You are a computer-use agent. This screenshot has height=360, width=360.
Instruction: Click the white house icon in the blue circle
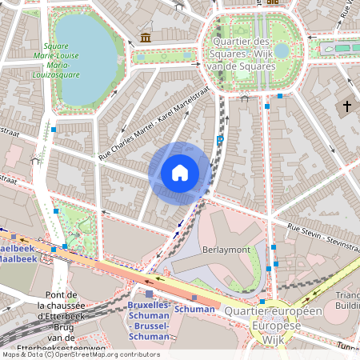180,173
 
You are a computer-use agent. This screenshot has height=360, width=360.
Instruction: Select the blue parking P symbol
220,141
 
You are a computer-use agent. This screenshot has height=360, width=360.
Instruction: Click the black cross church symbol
347,106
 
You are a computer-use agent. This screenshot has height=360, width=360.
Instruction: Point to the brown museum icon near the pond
145,38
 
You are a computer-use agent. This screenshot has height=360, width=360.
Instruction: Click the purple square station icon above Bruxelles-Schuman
148,294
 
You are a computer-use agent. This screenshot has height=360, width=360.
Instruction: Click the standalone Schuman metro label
194,309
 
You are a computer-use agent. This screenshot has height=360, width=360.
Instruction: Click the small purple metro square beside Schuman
194,298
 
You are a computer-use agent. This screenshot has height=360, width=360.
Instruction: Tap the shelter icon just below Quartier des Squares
244,104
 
